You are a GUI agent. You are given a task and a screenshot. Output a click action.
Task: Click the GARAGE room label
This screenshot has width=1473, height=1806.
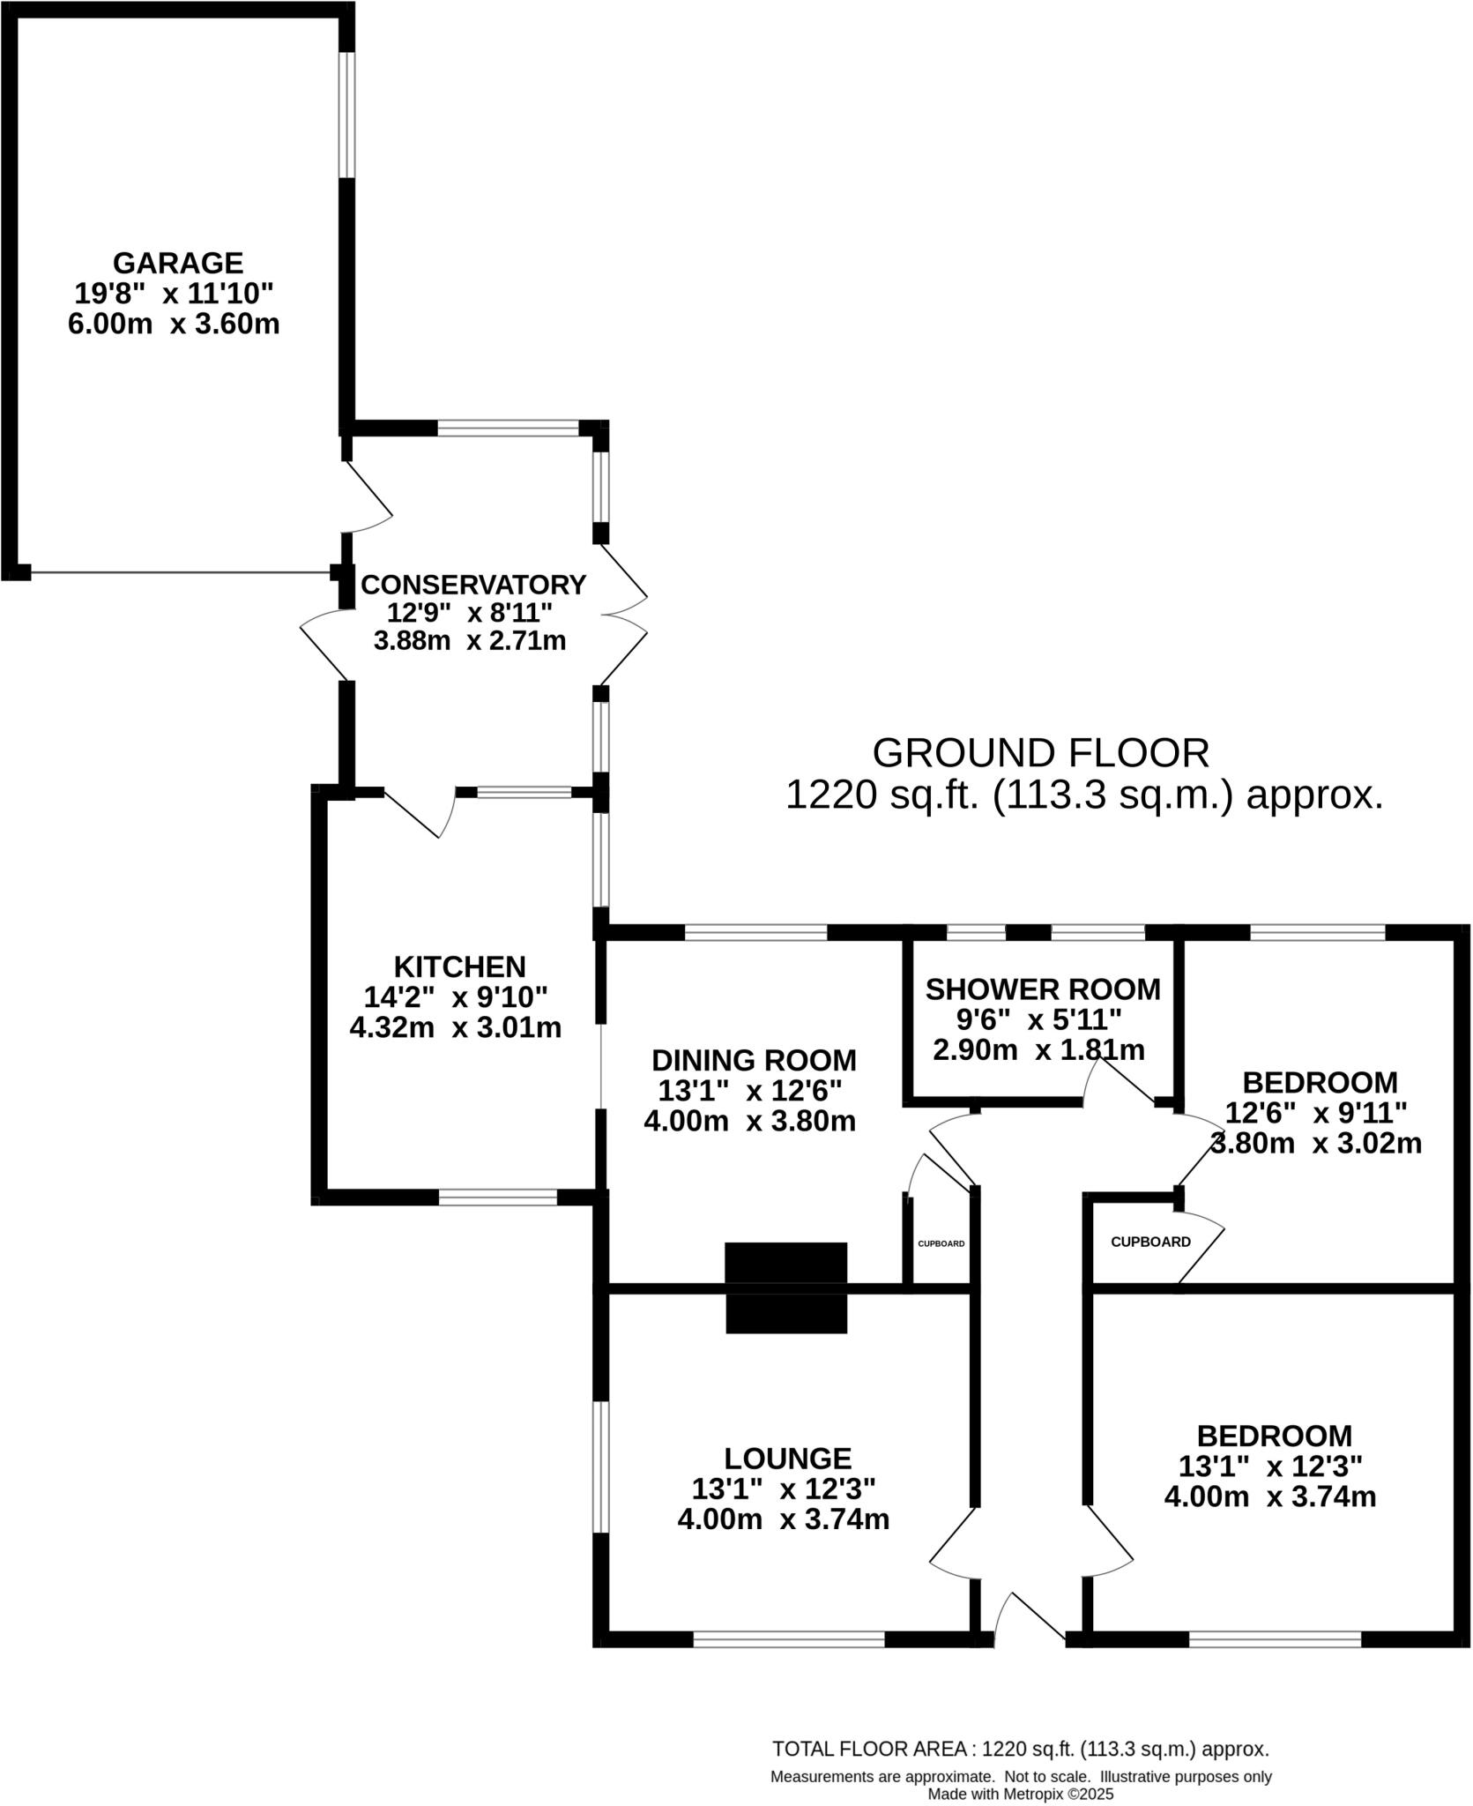[177, 263]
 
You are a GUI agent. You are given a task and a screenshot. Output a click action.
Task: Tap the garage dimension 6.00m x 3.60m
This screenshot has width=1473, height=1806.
[174, 324]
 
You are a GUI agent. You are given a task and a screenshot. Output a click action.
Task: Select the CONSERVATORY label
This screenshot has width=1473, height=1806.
[473, 585]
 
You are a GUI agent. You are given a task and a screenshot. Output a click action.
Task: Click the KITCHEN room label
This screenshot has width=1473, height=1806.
[459, 966]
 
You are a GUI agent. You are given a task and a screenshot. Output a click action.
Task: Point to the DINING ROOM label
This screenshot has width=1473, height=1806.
[754, 1060]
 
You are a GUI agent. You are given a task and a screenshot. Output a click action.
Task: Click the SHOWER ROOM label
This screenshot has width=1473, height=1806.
[1042, 989]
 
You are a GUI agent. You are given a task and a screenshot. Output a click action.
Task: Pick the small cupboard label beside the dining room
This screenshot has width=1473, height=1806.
[941, 1244]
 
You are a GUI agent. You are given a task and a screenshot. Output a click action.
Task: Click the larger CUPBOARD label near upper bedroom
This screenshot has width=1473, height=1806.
[1149, 1242]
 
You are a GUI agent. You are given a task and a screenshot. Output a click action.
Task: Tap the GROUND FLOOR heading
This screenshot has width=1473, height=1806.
[1040, 753]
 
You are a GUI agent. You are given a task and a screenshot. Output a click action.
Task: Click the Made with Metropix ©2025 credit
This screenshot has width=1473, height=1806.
[1020, 1794]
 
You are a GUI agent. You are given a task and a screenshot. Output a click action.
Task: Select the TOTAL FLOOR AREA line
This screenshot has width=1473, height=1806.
[1020, 1749]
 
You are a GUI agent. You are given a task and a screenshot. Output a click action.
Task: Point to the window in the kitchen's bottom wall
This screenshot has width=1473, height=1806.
[497, 1197]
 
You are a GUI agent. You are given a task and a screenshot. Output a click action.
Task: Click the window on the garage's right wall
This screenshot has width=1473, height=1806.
[347, 115]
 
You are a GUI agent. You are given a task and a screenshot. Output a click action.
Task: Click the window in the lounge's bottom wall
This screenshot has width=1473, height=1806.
[788, 1638]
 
